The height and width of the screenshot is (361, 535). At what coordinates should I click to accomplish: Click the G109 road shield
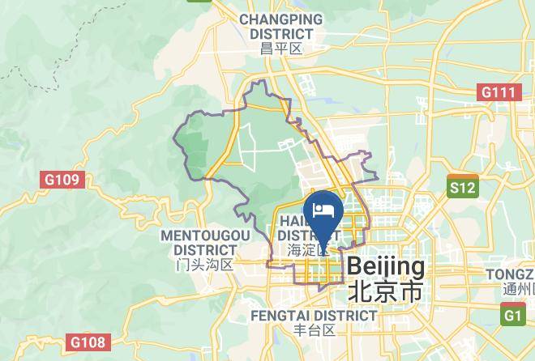click(62, 179)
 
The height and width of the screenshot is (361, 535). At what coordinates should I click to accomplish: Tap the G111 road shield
click(499, 92)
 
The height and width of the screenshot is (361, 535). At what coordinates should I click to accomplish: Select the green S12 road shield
click(463, 188)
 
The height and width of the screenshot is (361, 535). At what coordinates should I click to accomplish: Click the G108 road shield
click(87, 342)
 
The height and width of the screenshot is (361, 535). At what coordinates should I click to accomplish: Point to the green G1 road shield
click(512, 315)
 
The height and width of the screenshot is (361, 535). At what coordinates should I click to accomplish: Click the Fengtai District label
click(314, 315)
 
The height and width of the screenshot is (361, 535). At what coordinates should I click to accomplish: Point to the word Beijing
click(386, 266)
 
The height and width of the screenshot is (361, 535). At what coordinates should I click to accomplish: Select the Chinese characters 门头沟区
click(205, 264)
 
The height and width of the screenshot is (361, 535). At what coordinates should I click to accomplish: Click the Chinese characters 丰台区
click(314, 330)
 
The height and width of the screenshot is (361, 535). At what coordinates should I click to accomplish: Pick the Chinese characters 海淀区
click(308, 250)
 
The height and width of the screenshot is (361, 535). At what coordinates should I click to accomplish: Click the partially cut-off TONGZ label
click(510, 274)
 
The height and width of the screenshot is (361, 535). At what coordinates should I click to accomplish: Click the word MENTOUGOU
click(205, 235)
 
